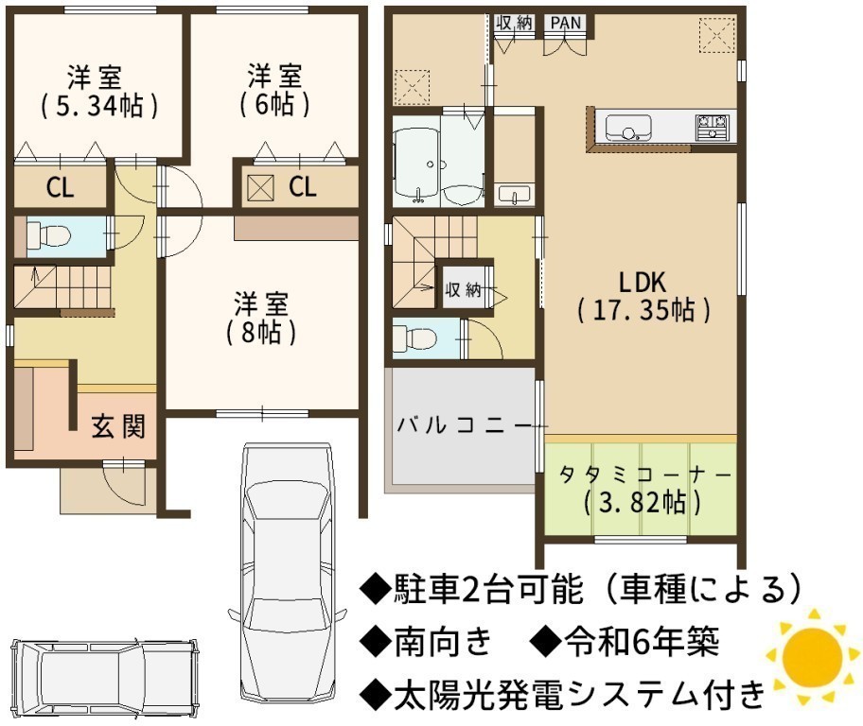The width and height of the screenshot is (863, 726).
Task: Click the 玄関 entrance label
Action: pos(118,426)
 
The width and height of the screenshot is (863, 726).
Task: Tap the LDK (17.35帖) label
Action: pos(643,297)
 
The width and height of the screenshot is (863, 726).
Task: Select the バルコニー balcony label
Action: pos(465,425)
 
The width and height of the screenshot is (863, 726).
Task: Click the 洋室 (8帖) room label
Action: pos(261,319)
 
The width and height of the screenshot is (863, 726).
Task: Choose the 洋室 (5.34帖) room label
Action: pos(99,92)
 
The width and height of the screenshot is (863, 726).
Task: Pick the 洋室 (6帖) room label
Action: pos(274,91)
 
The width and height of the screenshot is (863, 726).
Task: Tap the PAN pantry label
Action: pos(566,23)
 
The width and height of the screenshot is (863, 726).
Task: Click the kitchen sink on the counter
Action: pos(628,129)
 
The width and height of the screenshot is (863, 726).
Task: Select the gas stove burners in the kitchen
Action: pos(713,127)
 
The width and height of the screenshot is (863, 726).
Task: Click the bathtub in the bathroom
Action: pos(417,164)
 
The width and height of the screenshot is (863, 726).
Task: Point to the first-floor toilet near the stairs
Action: pos(48,234)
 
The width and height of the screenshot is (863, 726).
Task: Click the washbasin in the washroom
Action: pos(515,195)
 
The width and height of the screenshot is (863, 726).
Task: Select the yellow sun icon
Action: pos(812,656)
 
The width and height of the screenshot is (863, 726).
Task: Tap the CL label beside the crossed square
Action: pos(303,187)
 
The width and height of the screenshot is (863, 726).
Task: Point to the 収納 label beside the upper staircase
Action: pos(463,289)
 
